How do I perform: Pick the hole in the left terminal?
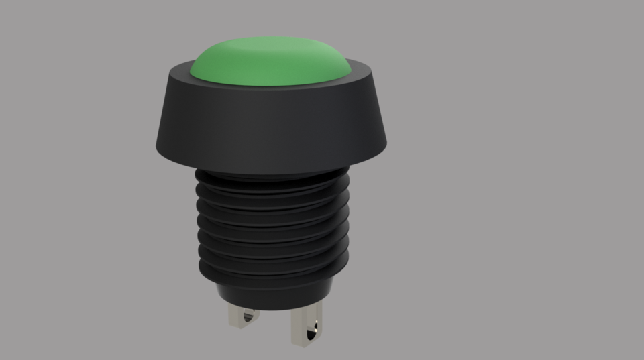pyautogui.click(x=250, y=315)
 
